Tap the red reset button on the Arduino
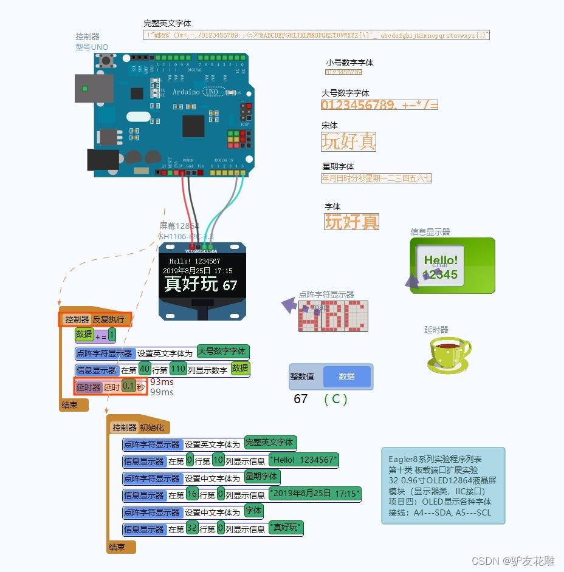pyautogui.click(x=109, y=60)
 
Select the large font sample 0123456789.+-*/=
pyautogui.click(x=379, y=105)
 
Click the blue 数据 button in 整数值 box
pyautogui.click(x=346, y=376)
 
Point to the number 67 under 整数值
pyautogui.click(x=300, y=399)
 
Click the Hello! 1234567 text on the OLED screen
pyautogui.click(x=194, y=261)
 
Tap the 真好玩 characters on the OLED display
pyautogui.click(x=191, y=284)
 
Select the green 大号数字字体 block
pyautogui.click(x=223, y=352)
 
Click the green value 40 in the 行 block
pyautogui.click(x=145, y=369)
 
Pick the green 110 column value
pyautogui.click(x=178, y=369)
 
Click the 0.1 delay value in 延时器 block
pyautogui.click(x=128, y=386)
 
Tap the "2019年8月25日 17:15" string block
pyautogui.click(x=315, y=494)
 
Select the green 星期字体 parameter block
pyautogui.click(x=261, y=477)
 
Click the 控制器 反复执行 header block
pyautogui.click(x=94, y=319)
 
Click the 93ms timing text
pyautogui.click(x=162, y=382)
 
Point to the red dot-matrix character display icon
pyautogui.click(x=333, y=316)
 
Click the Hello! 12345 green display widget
pyautogui.click(x=452, y=266)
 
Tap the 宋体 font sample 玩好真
pyautogui.click(x=348, y=141)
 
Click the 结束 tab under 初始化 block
pyautogui.click(x=117, y=547)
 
